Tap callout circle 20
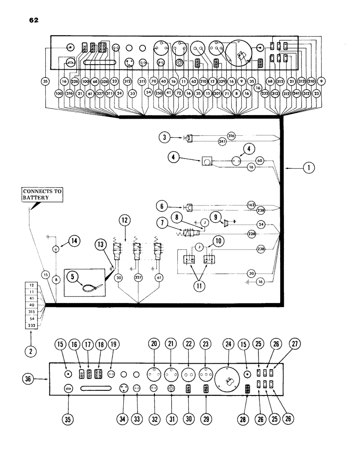tap(154, 344)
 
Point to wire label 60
tap(259, 160)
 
